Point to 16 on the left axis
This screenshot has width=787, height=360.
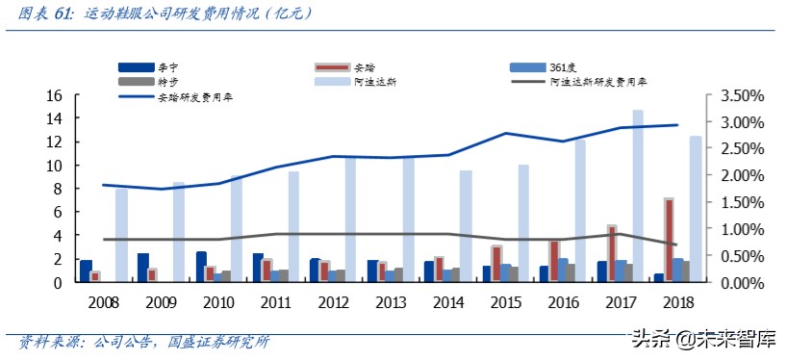(54, 95)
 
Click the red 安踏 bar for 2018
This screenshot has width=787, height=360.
(669, 241)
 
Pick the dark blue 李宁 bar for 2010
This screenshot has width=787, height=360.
(201, 267)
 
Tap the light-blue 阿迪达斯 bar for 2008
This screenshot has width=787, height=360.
(121, 236)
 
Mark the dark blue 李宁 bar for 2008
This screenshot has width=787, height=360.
(86, 270)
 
